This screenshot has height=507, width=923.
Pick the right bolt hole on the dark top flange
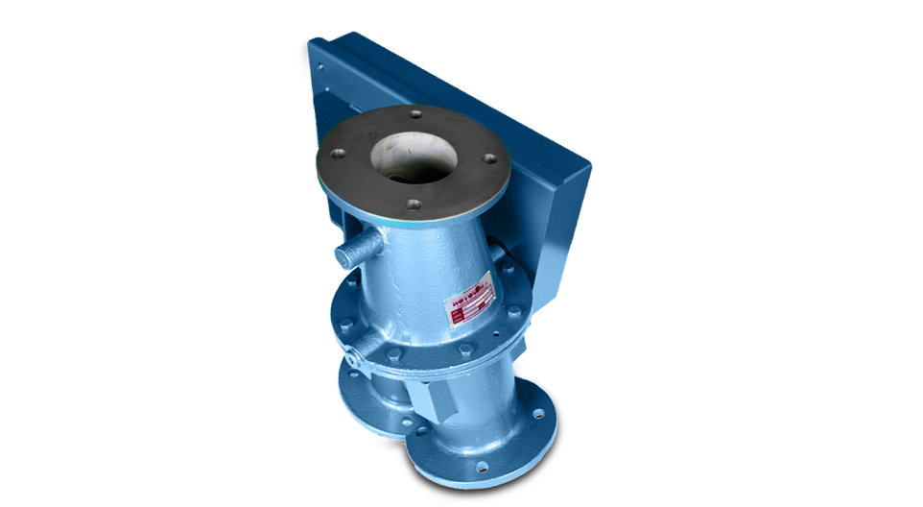pyautogui.click(x=489, y=160)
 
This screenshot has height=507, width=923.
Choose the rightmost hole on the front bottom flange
pyautogui.click(x=539, y=415)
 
